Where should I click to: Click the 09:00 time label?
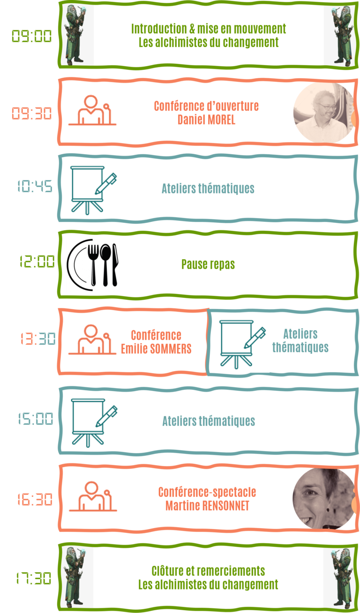[x=32, y=36]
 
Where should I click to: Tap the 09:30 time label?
[x=32, y=113]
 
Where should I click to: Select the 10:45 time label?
[x=35, y=186]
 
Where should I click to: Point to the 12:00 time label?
[x=37, y=261]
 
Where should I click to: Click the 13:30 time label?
[x=38, y=339]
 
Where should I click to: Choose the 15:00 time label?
[x=36, y=419]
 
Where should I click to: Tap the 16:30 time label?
[x=35, y=499]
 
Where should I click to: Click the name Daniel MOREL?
[x=206, y=120]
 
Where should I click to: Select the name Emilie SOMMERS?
[x=156, y=348]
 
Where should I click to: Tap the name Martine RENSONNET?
[x=207, y=506]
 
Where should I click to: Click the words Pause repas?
[x=208, y=264]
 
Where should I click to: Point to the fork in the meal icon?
[x=93, y=265]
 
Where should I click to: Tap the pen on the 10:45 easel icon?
[x=106, y=184]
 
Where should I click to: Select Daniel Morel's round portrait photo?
[x=324, y=113]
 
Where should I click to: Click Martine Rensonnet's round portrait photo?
[x=323, y=498]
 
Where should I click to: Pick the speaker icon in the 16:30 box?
[x=93, y=496]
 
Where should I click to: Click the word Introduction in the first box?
[x=159, y=29]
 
